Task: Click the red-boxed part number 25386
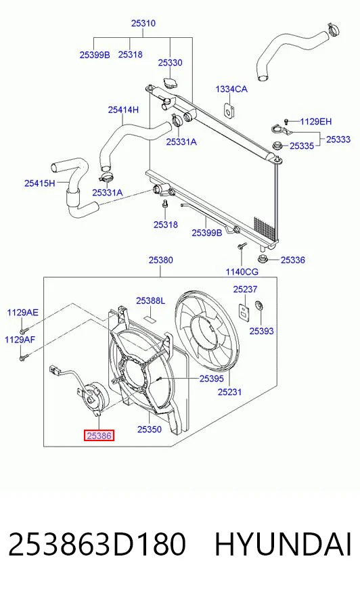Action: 99,436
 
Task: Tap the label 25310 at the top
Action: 143,23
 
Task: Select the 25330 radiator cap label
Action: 170,62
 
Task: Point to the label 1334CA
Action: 231,89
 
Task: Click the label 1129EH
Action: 315,122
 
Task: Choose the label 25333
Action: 338,139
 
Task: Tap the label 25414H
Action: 123,110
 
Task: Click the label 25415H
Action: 40,183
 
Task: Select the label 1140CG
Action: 242,272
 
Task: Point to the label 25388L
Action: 150,300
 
